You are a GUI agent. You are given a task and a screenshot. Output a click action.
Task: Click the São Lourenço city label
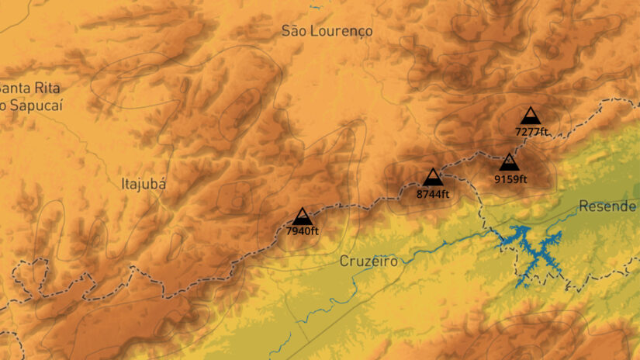tap(327, 30)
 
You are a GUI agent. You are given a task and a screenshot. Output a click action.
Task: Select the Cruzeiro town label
tap(368, 261)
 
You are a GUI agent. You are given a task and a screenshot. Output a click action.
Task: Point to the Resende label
tap(607, 207)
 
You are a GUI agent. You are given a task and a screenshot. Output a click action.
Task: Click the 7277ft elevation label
tap(531, 131)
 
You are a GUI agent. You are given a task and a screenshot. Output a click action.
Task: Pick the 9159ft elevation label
tap(510, 179)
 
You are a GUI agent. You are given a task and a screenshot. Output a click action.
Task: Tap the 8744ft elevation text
tap(433, 194)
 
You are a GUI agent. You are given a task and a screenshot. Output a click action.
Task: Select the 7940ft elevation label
tap(303, 230)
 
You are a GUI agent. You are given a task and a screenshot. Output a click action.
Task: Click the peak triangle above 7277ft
tap(531, 116)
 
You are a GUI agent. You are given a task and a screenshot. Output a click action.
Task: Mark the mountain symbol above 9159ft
tap(509, 162)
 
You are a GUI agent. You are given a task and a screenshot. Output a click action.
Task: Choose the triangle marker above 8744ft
tap(433, 177)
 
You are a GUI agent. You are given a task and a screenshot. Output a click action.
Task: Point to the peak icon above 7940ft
tap(302, 216)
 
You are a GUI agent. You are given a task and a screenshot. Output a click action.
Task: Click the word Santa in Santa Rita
tap(16, 88)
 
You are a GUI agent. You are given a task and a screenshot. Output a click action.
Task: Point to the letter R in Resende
tap(583, 207)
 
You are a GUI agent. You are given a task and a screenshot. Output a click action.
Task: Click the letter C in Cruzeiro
tap(344, 261)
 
